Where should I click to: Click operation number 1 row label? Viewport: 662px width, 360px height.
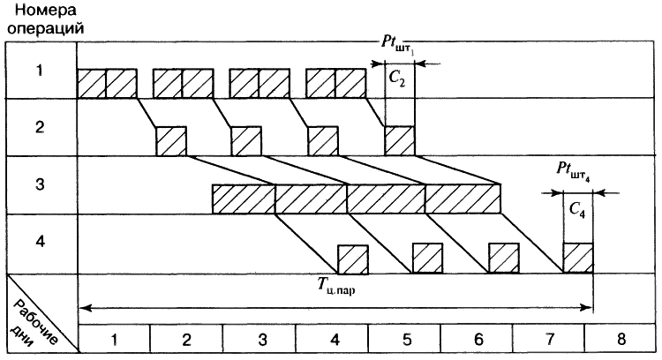(39, 71)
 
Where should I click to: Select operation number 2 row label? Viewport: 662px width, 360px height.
(39, 127)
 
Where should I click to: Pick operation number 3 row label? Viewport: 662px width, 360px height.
(39, 185)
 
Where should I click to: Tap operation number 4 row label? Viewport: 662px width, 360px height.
(39, 243)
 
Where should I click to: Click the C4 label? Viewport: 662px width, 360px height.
(577, 212)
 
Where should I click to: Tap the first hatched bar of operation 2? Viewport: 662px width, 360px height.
(171, 140)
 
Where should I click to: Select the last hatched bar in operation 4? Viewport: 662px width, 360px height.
(578, 258)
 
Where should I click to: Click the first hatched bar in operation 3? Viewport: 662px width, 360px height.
(244, 199)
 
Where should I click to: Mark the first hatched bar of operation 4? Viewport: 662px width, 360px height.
(353, 258)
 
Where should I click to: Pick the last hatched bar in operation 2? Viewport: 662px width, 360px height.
(398, 140)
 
